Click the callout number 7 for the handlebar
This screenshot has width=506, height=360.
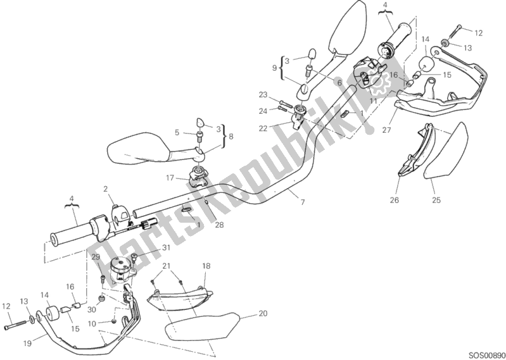click(x=302, y=202)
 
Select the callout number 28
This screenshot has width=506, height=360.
click(x=219, y=225)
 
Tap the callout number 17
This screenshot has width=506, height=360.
click(x=170, y=178)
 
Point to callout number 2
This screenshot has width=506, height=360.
click(x=106, y=189)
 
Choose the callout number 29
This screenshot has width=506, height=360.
click(x=96, y=258)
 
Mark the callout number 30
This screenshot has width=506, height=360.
click(x=92, y=309)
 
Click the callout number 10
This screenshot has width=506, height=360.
click(x=92, y=323)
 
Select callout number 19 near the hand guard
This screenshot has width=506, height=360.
click(x=27, y=344)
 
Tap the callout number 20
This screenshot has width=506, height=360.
click(x=263, y=313)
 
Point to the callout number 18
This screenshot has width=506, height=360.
click(x=206, y=266)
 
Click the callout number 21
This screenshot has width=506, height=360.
click(x=166, y=266)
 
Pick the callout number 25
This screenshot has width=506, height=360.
click(x=436, y=200)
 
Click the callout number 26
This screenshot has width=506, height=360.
click(x=395, y=200)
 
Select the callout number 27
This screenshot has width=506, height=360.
click(x=386, y=130)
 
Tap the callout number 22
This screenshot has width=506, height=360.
click(x=263, y=128)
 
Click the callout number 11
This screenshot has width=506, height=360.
click(x=374, y=101)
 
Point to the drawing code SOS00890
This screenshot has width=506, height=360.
click(x=487, y=355)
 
